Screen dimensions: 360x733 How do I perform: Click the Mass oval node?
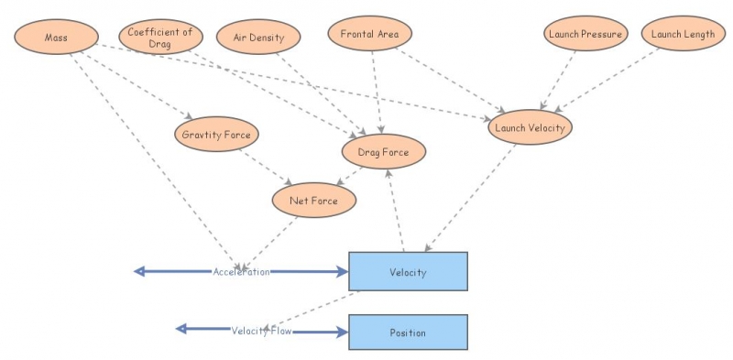[x=56, y=37]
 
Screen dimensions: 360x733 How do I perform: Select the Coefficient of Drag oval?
[x=159, y=38]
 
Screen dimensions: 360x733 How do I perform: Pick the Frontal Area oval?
[x=369, y=34]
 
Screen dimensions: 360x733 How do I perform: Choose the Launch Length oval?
[x=683, y=34]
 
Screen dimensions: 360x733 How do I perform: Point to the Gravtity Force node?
[x=216, y=135]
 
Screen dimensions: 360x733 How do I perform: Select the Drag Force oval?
[x=383, y=152]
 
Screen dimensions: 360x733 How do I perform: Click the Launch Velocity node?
[x=530, y=127]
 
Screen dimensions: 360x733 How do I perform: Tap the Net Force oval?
[x=313, y=200]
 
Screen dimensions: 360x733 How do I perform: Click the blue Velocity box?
[x=408, y=272]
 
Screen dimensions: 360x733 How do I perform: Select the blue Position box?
[x=408, y=333]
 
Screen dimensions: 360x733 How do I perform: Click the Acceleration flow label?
[x=242, y=272]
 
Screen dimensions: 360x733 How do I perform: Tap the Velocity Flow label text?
[x=261, y=331]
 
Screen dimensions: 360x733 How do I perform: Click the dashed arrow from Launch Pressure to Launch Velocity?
[x=561, y=81]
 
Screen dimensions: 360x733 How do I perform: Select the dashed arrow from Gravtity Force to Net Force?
[x=265, y=166]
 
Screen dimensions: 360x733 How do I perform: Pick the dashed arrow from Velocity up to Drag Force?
[x=396, y=211]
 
